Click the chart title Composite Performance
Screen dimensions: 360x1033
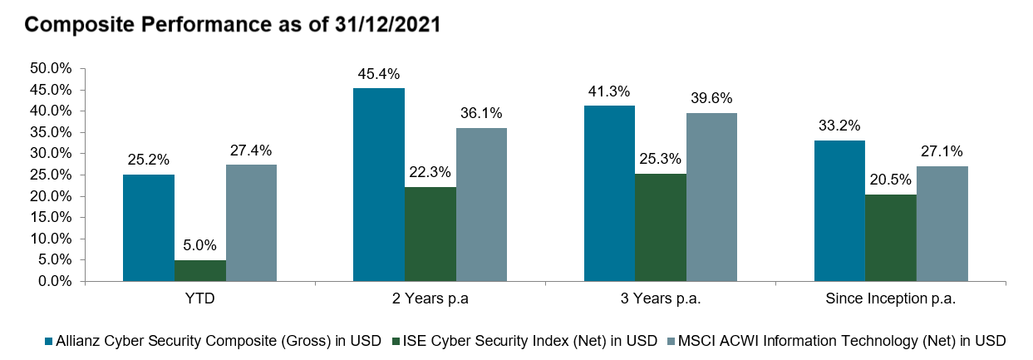coord(233,25)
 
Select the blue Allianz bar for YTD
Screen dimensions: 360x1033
coord(149,228)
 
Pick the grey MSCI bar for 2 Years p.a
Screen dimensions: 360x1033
coord(481,205)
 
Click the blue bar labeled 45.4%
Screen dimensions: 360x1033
coord(379,185)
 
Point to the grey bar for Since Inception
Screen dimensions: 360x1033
coord(942,224)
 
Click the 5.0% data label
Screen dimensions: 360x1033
coord(200,247)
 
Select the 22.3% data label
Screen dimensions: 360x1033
coord(430,173)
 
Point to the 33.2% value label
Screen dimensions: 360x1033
coord(839,126)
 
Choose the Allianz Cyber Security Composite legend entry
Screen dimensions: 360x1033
coord(218,340)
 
